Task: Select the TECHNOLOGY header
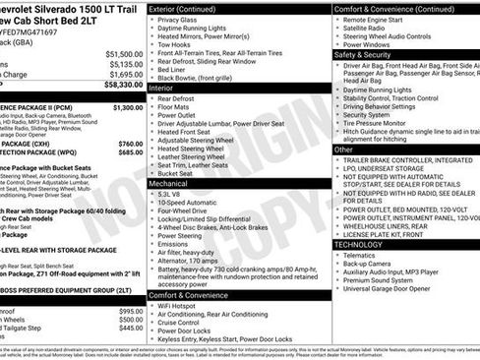click(x=359, y=244)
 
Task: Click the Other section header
click(x=344, y=150)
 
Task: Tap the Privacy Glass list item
click(x=177, y=20)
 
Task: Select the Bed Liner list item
click(x=173, y=68)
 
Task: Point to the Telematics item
click(x=367, y=255)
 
